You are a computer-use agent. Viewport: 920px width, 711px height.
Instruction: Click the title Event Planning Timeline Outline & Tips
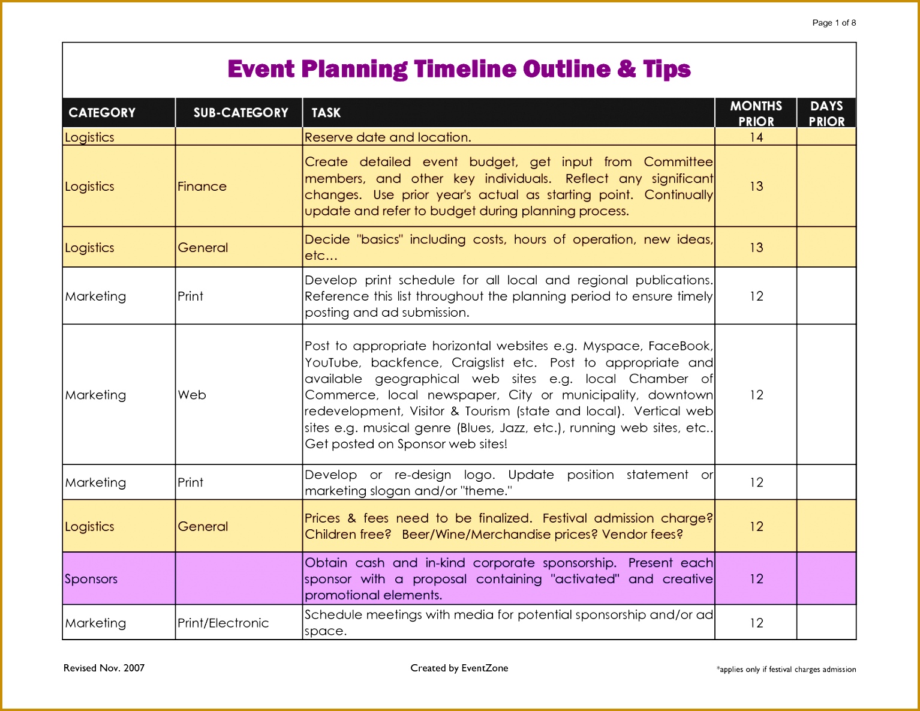(459, 70)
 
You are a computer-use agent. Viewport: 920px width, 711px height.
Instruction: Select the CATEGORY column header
(102, 113)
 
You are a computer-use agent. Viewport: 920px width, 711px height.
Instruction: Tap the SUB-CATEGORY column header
(240, 113)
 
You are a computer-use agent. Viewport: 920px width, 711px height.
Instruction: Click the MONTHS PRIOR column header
(756, 113)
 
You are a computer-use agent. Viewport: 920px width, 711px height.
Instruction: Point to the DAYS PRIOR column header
(826, 113)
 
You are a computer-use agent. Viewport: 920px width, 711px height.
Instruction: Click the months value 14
(756, 137)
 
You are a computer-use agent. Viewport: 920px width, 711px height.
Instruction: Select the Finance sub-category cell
(202, 187)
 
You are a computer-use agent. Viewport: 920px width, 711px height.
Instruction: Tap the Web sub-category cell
(192, 395)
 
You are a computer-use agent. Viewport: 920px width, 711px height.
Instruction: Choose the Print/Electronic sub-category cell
(223, 623)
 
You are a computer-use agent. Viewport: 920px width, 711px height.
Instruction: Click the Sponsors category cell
(91, 579)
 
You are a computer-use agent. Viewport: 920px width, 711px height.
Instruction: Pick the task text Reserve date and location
(387, 137)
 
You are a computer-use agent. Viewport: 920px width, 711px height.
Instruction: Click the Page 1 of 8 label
(834, 23)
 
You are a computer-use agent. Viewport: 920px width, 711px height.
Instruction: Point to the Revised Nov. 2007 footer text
(104, 668)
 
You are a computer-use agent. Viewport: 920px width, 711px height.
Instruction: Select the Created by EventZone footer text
(459, 668)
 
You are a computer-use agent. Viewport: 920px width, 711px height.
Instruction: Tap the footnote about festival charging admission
(786, 670)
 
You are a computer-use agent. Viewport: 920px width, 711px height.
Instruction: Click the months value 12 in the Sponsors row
(756, 579)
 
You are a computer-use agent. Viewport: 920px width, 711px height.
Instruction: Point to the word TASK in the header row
(326, 113)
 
